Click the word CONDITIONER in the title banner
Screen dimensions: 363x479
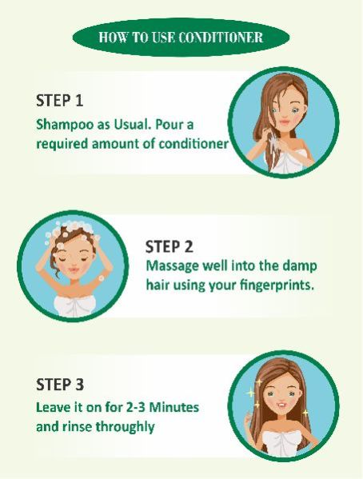[220, 38]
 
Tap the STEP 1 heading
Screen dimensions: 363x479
[60, 100]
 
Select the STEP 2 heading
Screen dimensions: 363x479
[169, 246]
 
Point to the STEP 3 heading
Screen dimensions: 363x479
[60, 384]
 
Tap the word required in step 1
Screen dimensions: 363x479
[62, 144]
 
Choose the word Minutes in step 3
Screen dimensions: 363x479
[175, 407]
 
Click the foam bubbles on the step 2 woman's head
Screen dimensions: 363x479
[72, 230]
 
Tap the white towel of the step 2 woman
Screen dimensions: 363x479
[75, 306]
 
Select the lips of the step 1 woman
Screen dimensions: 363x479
[284, 122]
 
